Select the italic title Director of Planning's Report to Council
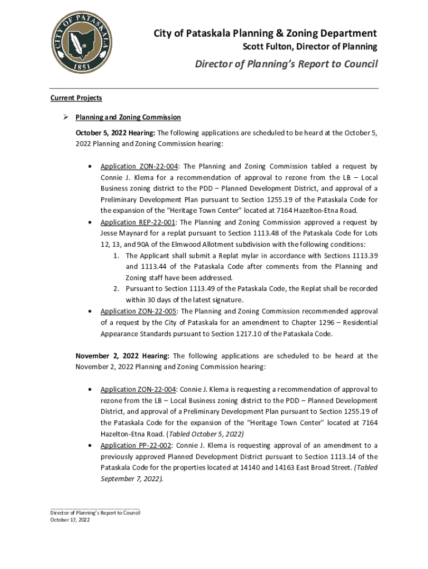click(x=286, y=64)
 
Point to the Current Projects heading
click(x=76, y=98)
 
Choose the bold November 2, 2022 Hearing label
click(x=122, y=356)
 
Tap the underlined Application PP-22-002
click(x=136, y=445)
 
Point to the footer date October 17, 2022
click(x=70, y=520)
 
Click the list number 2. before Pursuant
click(x=117, y=289)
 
